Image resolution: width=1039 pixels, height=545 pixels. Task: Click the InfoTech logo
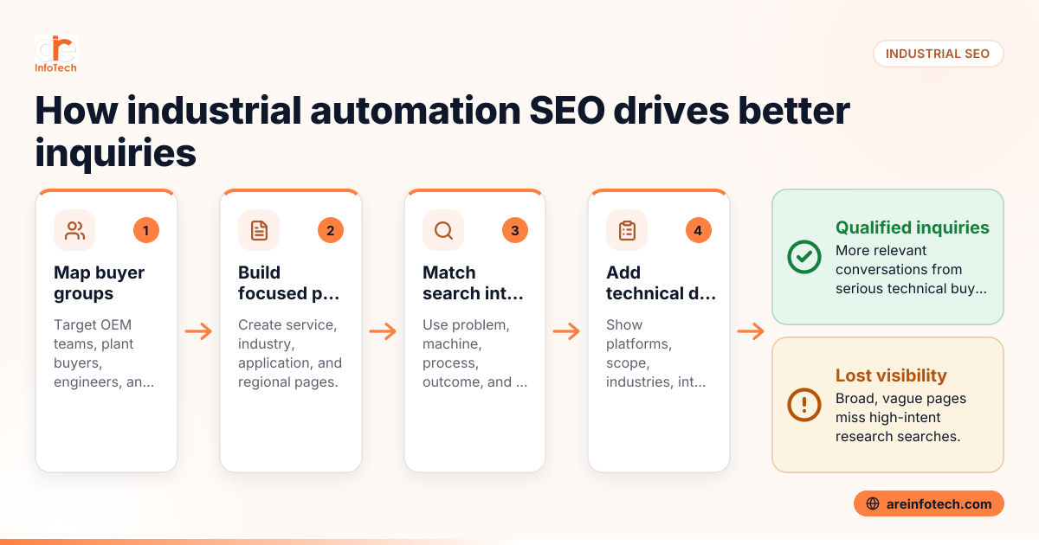(55, 54)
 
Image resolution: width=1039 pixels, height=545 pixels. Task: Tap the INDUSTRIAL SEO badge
(938, 54)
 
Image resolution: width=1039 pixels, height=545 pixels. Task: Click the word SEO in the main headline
(567, 111)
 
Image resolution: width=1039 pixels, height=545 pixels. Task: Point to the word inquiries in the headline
(115, 153)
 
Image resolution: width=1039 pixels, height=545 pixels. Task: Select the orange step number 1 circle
(146, 230)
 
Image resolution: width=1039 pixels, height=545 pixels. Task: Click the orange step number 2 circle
(330, 230)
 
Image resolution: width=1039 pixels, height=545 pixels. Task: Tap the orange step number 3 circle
(515, 230)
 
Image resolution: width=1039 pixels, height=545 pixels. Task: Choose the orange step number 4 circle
(698, 230)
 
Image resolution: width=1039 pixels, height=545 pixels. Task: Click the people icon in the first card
(74, 230)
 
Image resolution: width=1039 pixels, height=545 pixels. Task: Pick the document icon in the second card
(259, 230)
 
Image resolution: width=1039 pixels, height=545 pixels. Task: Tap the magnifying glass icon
(443, 230)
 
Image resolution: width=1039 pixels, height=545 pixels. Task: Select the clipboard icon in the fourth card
(627, 230)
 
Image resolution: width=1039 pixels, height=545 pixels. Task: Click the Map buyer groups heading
(99, 283)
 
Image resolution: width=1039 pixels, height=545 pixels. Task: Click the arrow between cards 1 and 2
(198, 331)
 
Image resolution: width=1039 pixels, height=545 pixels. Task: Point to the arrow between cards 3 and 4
(566, 331)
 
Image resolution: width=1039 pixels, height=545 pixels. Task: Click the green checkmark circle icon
(804, 257)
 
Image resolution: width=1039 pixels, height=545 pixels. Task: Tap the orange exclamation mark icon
(804, 405)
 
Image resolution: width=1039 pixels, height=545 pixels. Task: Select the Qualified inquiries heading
(913, 228)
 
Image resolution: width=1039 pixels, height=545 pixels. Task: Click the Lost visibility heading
(891, 375)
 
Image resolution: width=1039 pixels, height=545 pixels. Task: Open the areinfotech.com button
(929, 503)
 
